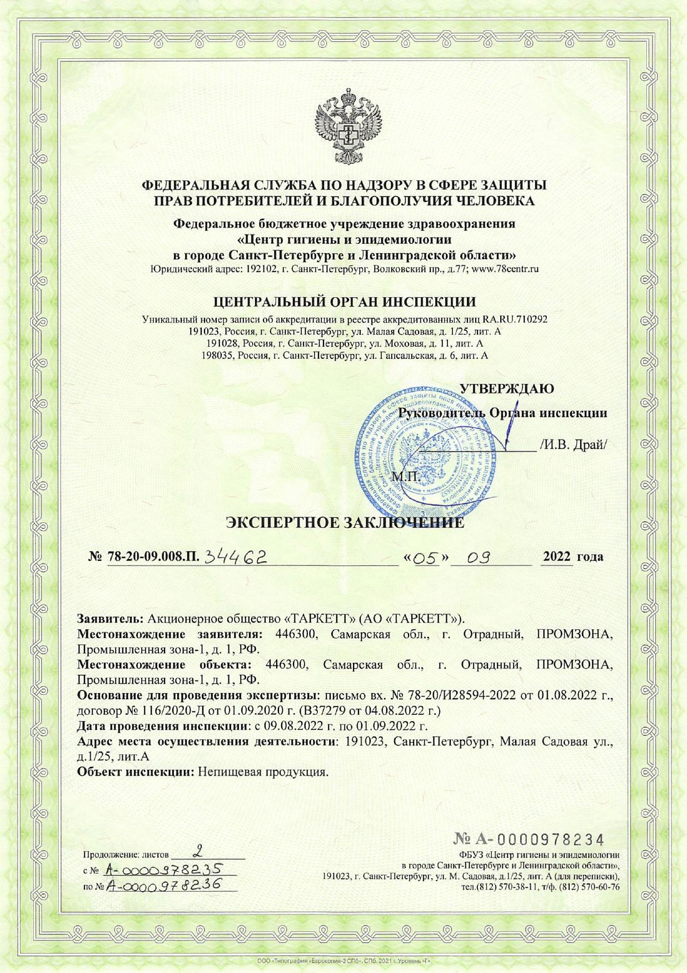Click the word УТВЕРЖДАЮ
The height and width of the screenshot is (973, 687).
[507, 388]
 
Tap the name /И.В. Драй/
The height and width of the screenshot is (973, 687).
[572, 444]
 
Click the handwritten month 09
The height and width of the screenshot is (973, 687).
[477, 557]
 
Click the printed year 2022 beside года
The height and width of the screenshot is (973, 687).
[557, 556]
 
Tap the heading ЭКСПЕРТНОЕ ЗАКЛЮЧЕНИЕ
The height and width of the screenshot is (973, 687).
[344, 523]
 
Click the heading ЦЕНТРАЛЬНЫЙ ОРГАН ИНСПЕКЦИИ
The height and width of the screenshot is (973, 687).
[345, 302]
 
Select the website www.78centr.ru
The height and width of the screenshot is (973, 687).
[505, 269]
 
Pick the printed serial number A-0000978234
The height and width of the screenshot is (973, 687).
[529, 839]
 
